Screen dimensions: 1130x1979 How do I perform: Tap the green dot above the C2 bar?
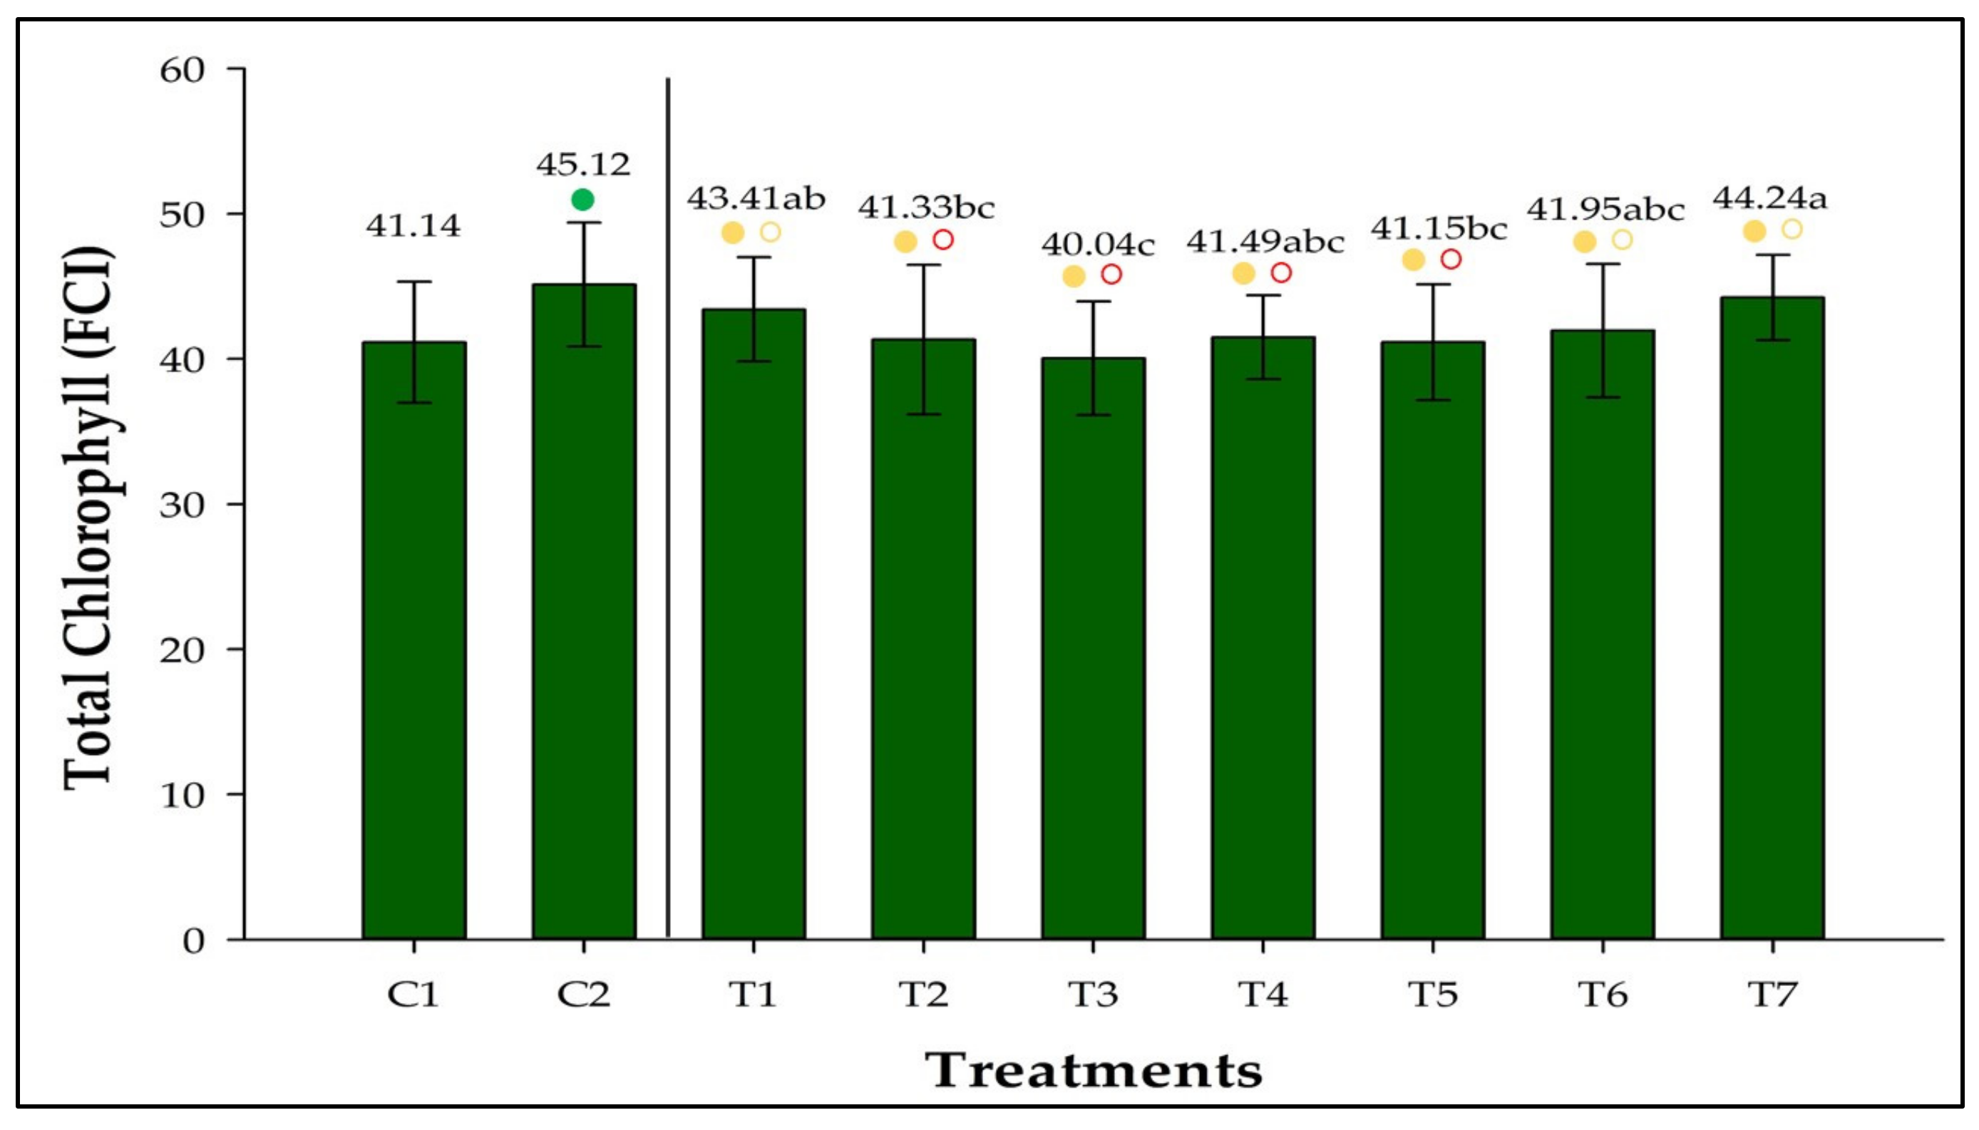tap(582, 200)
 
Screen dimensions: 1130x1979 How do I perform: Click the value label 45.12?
tap(583, 165)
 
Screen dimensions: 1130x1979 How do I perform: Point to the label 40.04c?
tap(1097, 245)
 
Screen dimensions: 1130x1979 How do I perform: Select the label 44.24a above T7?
tap(1769, 199)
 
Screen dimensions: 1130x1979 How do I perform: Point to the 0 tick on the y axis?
tap(194, 940)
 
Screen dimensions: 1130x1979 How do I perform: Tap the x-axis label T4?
tap(1263, 994)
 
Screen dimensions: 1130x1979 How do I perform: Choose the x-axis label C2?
tap(583, 994)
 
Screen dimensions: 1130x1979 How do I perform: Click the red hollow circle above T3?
tap(1111, 274)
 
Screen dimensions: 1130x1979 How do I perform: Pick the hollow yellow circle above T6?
tap(1622, 240)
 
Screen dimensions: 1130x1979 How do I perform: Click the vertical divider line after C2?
tap(667, 505)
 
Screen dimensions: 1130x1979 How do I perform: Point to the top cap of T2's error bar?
tap(923, 264)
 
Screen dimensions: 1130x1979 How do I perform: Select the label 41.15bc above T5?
tap(1438, 229)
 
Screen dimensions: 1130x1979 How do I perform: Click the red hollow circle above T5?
tap(1451, 260)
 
